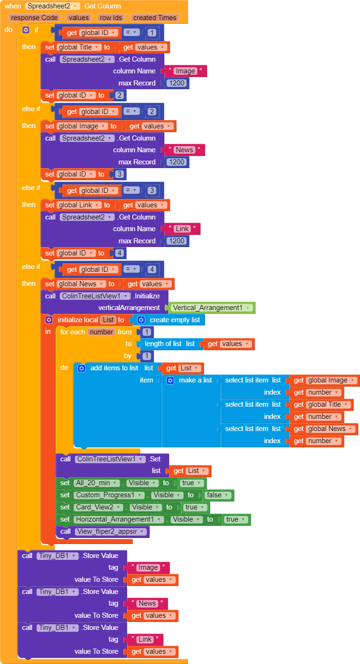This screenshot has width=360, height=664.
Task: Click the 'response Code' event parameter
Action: [x=35, y=18]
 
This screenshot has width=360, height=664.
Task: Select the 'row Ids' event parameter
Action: [x=111, y=18]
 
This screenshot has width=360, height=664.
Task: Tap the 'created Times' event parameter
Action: [x=155, y=18]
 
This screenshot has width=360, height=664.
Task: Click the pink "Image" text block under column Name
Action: [x=185, y=71]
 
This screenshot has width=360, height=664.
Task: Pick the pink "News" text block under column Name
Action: [x=184, y=150]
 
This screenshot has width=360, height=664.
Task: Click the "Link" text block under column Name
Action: [x=182, y=229]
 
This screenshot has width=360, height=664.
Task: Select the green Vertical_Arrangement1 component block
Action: [x=211, y=308]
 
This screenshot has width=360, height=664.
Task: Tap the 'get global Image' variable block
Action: [x=324, y=380]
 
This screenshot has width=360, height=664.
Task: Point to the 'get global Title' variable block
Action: [x=322, y=405]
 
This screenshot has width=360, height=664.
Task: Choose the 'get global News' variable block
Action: [x=324, y=429]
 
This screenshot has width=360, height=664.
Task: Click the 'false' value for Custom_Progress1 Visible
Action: [x=218, y=495]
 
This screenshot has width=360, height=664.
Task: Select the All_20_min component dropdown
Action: [x=97, y=483]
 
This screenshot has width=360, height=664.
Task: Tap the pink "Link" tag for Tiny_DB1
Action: [x=145, y=639]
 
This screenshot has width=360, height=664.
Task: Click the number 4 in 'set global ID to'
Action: [x=119, y=253]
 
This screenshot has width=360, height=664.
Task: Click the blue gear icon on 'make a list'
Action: [x=170, y=380]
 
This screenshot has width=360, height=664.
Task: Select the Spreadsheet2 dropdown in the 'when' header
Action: [x=52, y=6]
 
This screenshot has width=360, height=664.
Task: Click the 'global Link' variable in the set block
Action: [x=78, y=205]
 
